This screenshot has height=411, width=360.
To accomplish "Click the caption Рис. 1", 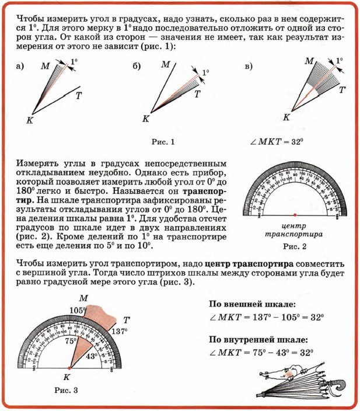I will (x=162, y=141).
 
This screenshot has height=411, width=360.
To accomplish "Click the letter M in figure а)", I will (x=44, y=67).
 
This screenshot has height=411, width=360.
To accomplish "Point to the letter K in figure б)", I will (x=146, y=119).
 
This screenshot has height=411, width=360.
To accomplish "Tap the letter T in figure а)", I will (x=78, y=96).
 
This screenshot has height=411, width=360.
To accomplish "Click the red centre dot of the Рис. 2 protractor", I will (x=295, y=215).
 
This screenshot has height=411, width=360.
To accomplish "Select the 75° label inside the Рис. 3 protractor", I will (x=71, y=342).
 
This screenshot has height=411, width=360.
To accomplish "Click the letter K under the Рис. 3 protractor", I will (x=67, y=377).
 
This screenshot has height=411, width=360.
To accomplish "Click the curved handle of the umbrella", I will (x=337, y=385).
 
